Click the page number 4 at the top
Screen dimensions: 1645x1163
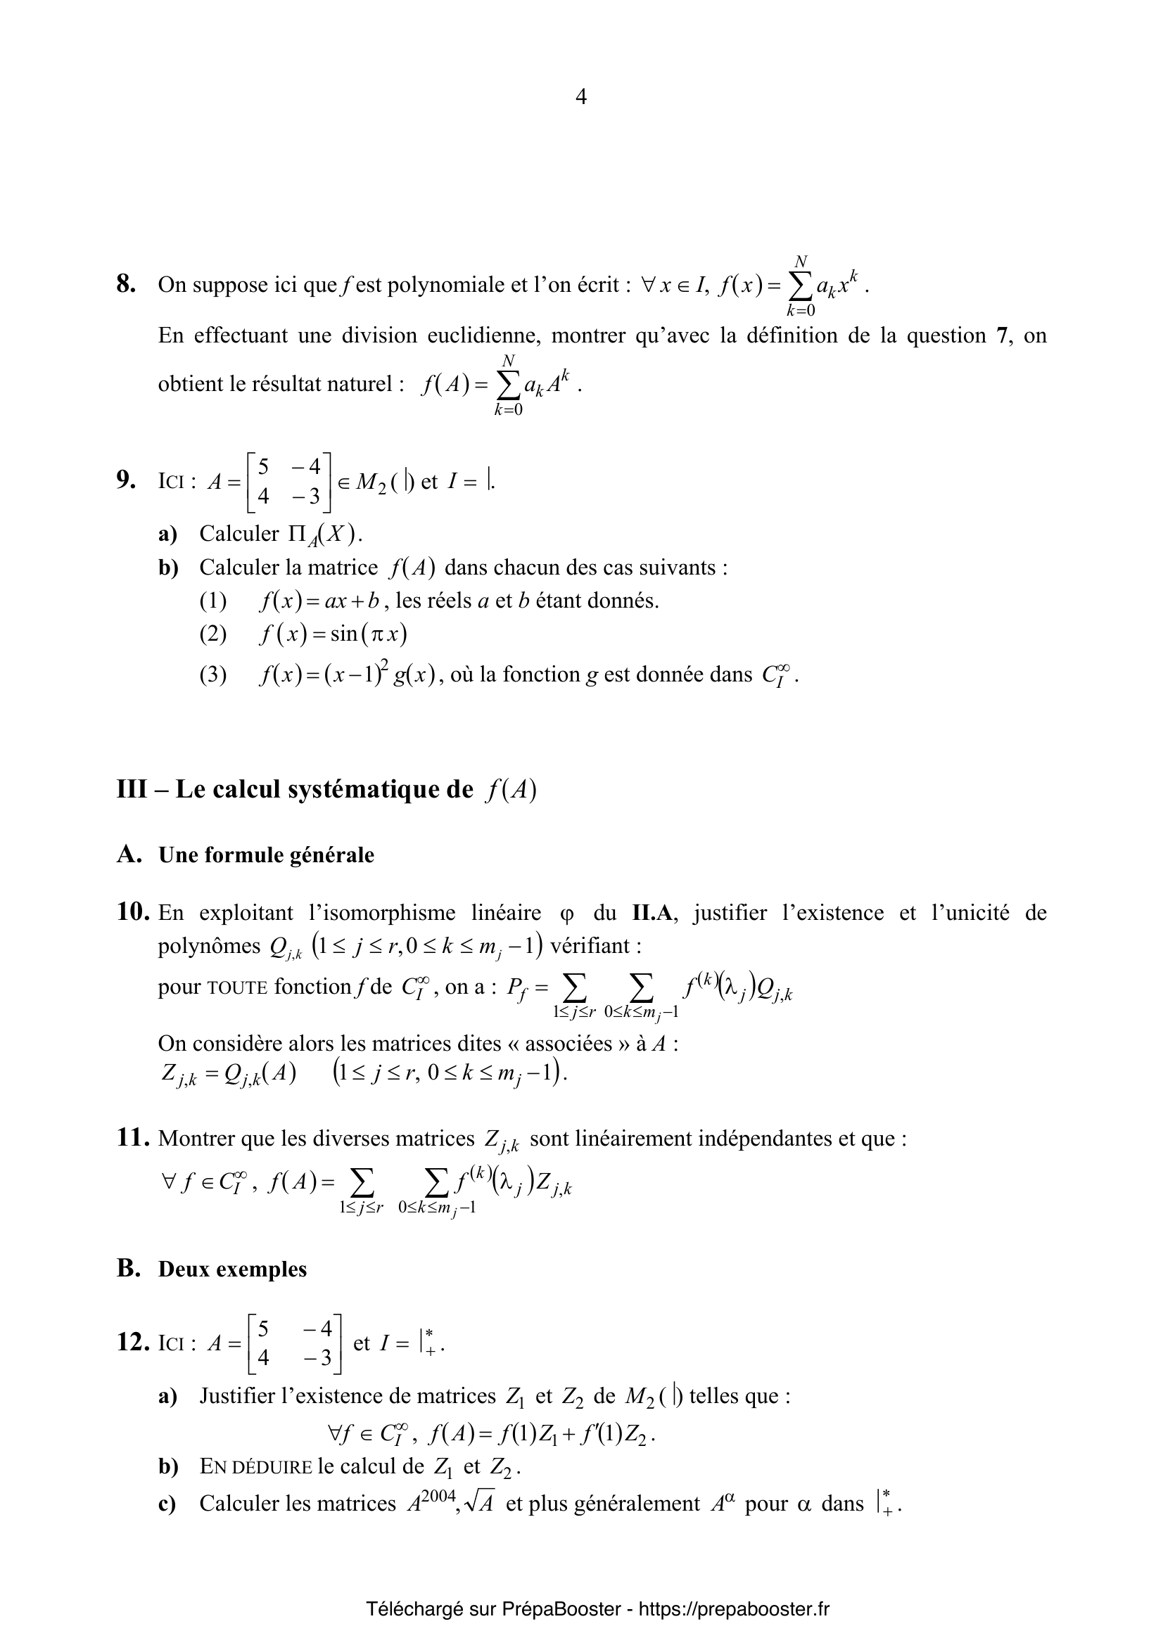click(x=581, y=97)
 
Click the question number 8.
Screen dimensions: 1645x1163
click(x=126, y=285)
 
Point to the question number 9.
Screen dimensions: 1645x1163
click(x=126, y=480)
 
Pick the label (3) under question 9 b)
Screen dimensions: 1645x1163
click(x=212, y=675)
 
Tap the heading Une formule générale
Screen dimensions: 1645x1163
click(x=266, y=855)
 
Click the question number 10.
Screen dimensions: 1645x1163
click(x=132, y=913)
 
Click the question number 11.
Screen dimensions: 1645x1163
click(x=132, y=1139)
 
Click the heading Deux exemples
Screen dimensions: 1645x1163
click(x=232, y=1269)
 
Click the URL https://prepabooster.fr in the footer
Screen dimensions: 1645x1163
click(x=734, y=1610)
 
